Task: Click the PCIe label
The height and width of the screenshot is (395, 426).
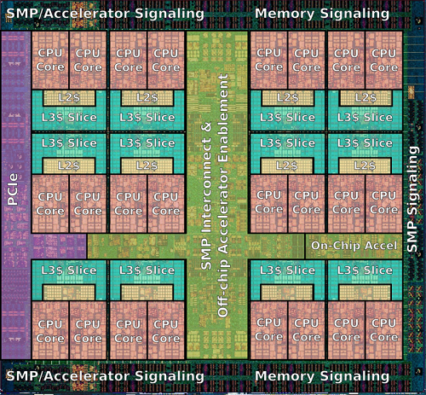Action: click(x=13, y=189)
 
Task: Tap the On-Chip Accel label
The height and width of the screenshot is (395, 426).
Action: click(x=354, y=246)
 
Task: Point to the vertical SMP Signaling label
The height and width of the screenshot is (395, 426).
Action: click(x=412, y=199)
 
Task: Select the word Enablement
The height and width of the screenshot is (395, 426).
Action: click(x=223, y=118)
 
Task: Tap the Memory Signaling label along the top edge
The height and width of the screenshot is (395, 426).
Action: click(x=322, y=14)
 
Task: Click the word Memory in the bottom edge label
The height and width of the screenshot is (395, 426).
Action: click(x=285, y=376)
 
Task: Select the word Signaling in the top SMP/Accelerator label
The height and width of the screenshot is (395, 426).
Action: click(x=170, y=14)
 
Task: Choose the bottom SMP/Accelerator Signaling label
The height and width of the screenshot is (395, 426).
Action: click(x=105, y=376)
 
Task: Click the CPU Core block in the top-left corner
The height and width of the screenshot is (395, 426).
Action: click(x=50, y=60)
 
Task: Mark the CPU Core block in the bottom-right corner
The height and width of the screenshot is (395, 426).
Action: click(x=384, y=330)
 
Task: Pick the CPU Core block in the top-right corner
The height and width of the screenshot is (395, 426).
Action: click(x=384, y=60)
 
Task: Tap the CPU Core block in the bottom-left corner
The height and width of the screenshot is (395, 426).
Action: click(x=50, y=330)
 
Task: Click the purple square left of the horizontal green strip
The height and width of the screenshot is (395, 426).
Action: click(x=59, y=247)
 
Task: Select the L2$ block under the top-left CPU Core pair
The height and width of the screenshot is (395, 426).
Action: click(x=69, y=98)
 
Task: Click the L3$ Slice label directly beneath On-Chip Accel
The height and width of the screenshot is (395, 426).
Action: click(x=365, y=270)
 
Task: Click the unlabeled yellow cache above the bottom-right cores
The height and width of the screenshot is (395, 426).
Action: click(x=365, y=292)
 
